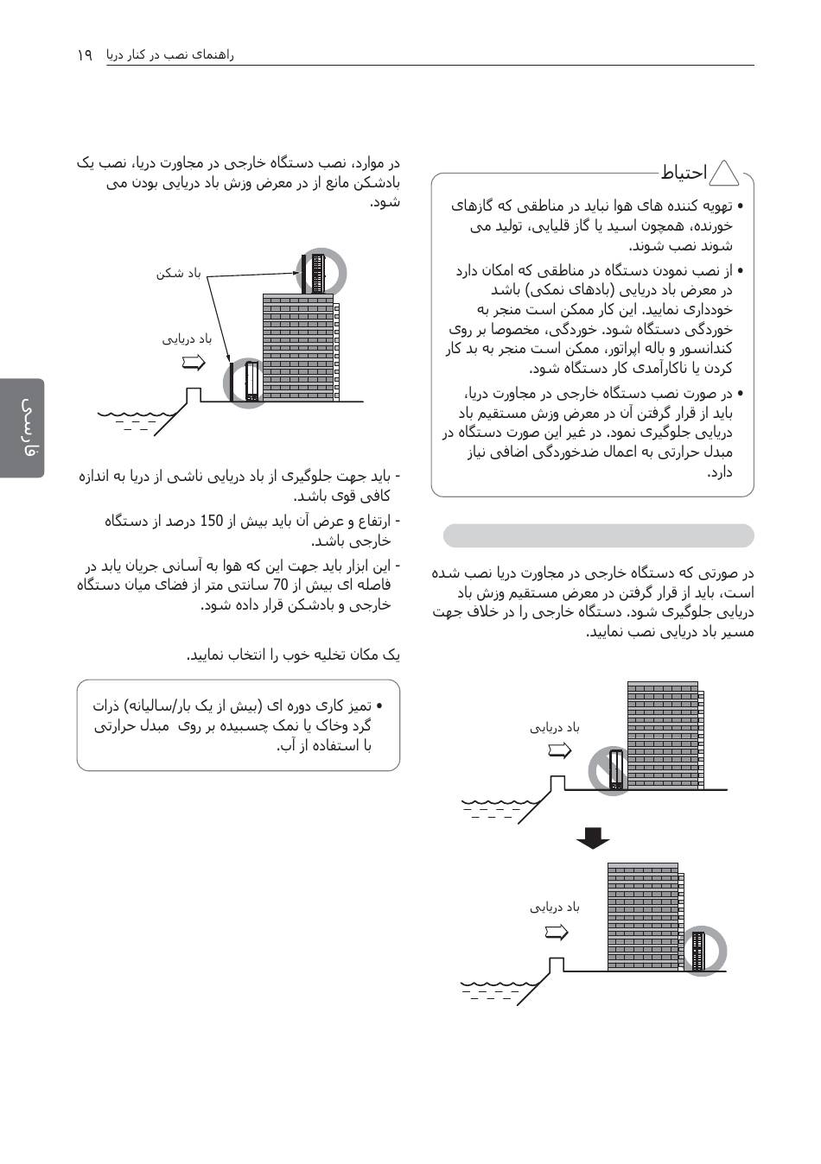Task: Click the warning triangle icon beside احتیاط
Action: [723, 174]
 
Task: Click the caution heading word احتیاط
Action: [684, 173]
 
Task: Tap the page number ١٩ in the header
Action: [85, 54]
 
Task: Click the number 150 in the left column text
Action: [212, 521]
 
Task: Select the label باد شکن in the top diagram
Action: [178, 274]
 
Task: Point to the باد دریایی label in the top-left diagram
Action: [187, 339]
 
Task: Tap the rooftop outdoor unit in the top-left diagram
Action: [318, 272]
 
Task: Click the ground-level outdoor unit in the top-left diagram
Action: [251, 382]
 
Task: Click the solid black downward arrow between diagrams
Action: [592, 838]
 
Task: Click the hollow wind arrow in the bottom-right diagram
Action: [557, 932]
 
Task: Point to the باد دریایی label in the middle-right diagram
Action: [555, 728]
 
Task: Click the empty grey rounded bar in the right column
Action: [598, 536]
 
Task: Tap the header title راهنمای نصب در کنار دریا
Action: [170, 54]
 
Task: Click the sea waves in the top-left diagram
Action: [138, 419]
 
